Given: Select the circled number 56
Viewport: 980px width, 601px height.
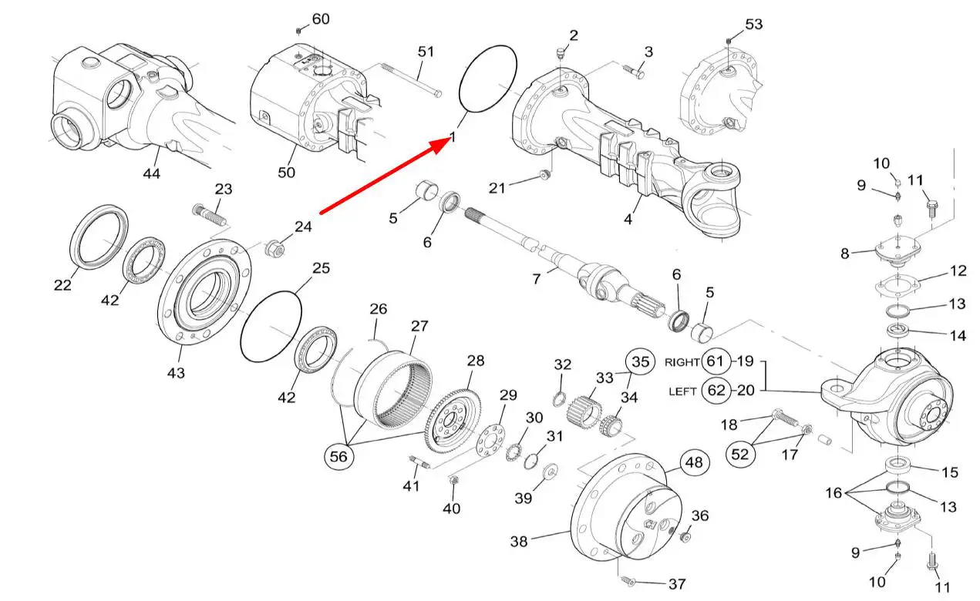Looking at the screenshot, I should click(x=340, y=456).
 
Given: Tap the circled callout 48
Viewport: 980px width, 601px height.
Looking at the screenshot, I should click(x=692, y=462).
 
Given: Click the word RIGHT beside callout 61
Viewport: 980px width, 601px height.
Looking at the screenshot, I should click(x=682, y=361).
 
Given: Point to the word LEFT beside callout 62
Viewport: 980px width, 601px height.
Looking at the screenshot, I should click(x=683, y=391).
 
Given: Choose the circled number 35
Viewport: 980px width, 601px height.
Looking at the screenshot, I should click(x=638, y=361).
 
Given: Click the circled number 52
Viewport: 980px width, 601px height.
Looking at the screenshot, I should click(x=739, y=455).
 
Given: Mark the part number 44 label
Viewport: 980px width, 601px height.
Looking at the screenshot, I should click(x=151, y=174).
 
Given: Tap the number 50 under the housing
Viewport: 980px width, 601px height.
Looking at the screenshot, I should click(x=286, y=173).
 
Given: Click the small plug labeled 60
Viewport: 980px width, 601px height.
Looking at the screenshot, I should click(x=298, y=31).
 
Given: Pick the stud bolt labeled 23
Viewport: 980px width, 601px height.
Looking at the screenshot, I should click(x=209, y=214).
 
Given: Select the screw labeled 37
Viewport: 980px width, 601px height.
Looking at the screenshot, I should click(x=628, y=580).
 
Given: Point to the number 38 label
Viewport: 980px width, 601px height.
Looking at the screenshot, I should click(x=519, y=542).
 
